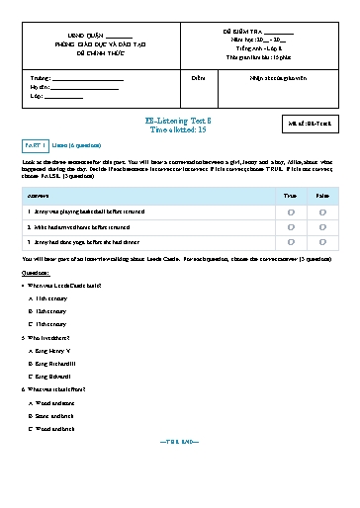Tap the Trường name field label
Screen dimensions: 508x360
pos(41,77)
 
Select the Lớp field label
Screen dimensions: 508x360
pos(38,97)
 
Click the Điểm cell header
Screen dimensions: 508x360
pos(198,77)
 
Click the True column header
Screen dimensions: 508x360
pos(290,197)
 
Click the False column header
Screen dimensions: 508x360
pos(323,197)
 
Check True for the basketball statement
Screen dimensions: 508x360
pos(290,212)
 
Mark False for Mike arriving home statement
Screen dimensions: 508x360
pos(323,226)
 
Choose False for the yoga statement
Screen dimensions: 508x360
pos(323,241)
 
